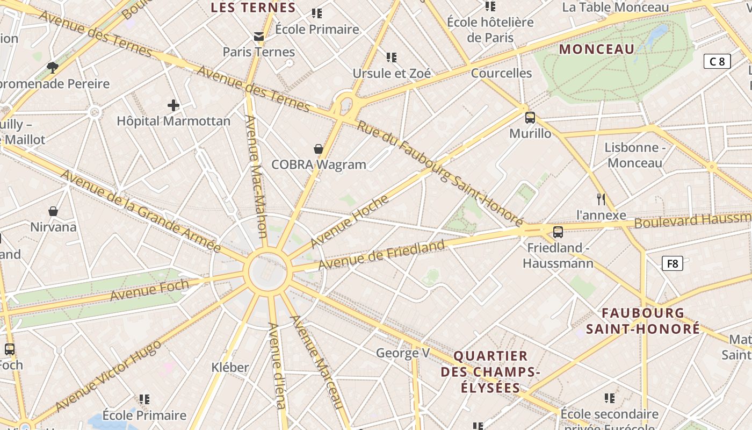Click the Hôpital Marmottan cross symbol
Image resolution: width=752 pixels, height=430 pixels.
[x=173, y=105]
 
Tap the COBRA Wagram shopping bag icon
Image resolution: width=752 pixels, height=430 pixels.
[x=319, y=148]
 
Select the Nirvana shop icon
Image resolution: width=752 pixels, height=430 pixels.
[x=53, y=211]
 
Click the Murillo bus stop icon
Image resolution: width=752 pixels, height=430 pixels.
[x=530, y=117]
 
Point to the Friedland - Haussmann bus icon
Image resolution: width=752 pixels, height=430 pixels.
[x=558, y=232]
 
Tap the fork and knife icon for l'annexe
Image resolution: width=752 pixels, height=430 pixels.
[x=601, y=199]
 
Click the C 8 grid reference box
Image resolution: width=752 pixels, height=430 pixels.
[x=717, y=61]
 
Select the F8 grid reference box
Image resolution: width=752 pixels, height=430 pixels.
[x=672, y=263]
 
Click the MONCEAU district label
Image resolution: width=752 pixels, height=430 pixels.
[x=597, y=49]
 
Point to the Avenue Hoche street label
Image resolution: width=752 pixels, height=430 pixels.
[x=350, y=220]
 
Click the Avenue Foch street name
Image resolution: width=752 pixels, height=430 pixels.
[x=149, y=290]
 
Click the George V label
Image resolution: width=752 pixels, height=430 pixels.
[x=403, y=353]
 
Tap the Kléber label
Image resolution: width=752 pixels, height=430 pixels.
[x=230, y=368]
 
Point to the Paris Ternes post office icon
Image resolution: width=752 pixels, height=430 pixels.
[x=259, y=37]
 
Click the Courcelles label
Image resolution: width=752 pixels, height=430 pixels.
[x=501, y=73]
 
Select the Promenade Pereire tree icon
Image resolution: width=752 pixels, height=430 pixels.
[x=53, y=67]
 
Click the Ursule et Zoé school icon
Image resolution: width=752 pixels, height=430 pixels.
[x=392, y=57]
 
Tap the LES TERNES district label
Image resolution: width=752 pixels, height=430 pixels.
[x=253, y=8]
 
